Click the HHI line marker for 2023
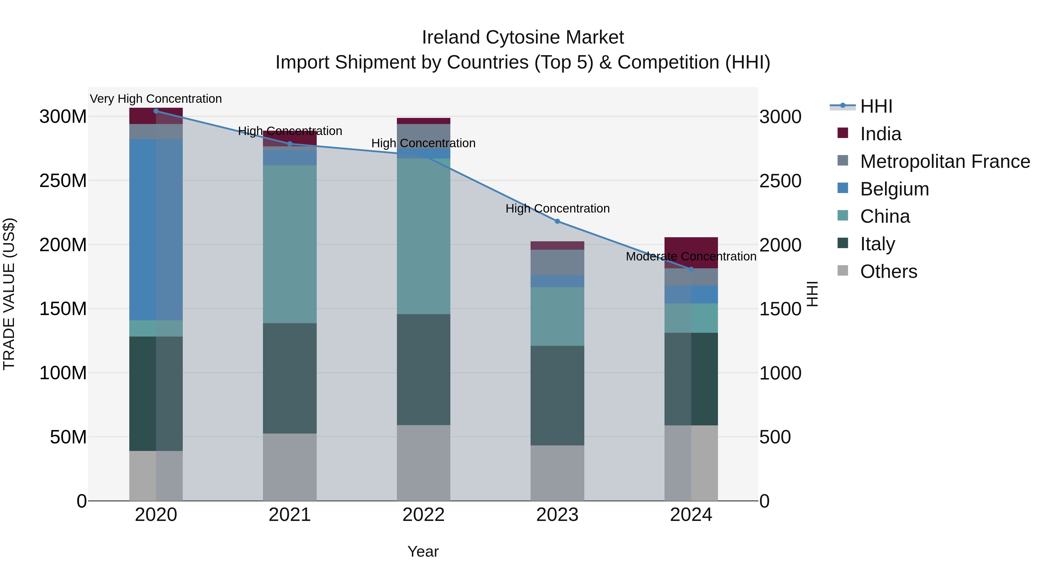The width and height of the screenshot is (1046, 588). point(557,221)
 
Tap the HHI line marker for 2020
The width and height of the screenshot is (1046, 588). point(156,111)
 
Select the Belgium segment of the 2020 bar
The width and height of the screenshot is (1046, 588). point(156,230)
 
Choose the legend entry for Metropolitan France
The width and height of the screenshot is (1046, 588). point(945,161)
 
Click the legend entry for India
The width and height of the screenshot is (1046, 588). point(880,134)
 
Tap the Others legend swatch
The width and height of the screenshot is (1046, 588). point(843,270)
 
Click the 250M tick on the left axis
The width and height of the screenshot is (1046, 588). point(63,181)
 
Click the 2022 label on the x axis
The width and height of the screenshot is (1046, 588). point(424,515)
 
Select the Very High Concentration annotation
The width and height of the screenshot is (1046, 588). point(156,99)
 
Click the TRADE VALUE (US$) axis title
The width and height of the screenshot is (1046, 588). point(9,294)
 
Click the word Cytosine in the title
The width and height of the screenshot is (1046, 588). point(523,37)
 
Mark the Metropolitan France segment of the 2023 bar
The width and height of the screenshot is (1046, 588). point(557,262)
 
